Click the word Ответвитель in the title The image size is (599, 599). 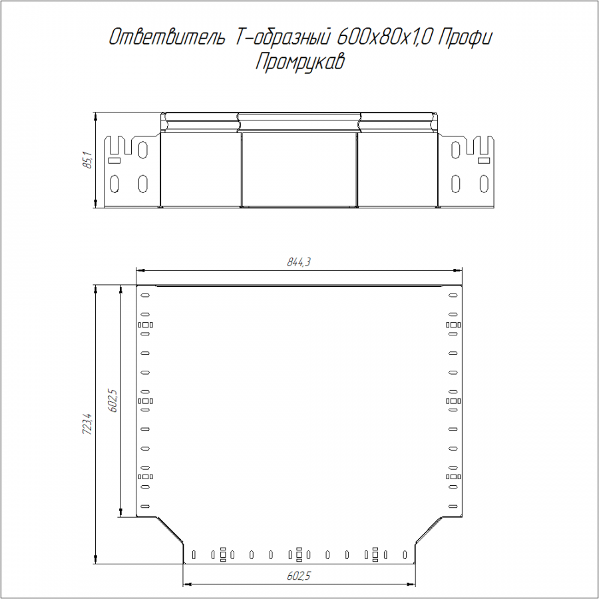pyautogui.click(x=167, y=37)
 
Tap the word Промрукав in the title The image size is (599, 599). pyautogui.click(x=300, y=61)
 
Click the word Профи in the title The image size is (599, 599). pyautogui.click(x=465, y=38)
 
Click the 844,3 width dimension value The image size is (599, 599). pyautogui.click(x=299, y=262)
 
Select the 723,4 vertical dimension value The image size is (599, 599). pyautogui.click(x=87, y=424)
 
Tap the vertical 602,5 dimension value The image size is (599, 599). pyautogui.click(x=113, y=401)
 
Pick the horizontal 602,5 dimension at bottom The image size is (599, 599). pyautogui.click(x=299, y=576)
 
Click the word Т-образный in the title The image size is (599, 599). pyautogui.click(x=281, y=37)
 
